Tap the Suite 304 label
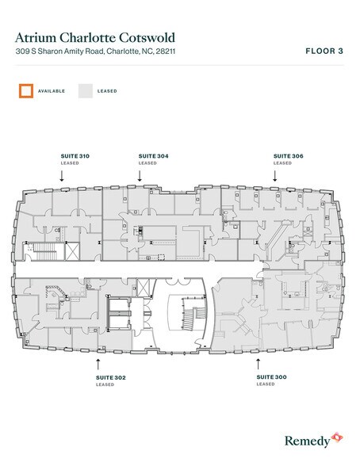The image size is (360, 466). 153,156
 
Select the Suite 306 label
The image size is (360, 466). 288,156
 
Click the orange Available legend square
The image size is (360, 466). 25,91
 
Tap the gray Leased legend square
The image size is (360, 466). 85,91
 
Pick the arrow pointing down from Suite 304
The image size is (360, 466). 140,178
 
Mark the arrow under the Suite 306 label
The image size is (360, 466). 275,178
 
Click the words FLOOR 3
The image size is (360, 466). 324,51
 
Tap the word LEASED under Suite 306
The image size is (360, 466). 282,163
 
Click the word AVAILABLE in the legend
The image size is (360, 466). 52,91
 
